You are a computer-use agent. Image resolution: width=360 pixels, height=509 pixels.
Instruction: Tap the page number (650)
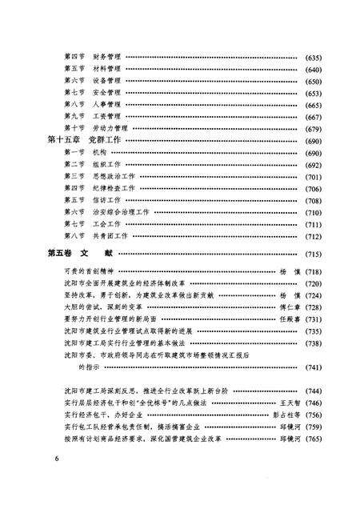pos(314,82)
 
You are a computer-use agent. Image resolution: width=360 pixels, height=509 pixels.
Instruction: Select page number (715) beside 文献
pos(314,254)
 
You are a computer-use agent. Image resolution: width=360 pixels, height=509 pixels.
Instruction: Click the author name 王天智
pos(288,404)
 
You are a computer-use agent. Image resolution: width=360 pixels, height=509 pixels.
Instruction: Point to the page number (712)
pos(314,236)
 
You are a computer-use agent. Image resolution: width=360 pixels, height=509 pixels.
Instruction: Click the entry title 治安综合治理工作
pos(122,212)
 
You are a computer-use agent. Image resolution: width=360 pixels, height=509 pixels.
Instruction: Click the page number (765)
pos(314,440)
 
